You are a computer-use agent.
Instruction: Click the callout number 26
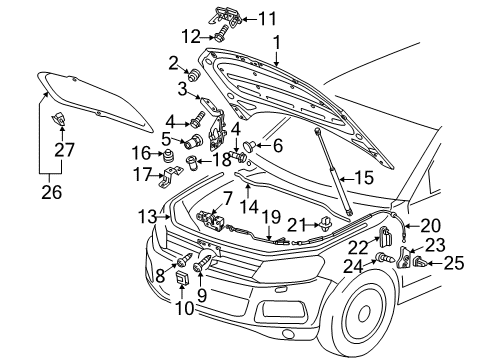[x=52, y=192]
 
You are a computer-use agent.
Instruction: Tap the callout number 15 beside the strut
[x=364, y=178]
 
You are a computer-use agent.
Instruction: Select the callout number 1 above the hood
[x=277, y=43]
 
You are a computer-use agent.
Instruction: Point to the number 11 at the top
[x=268, y=19]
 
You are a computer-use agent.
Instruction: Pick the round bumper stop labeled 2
[x=194, y=75]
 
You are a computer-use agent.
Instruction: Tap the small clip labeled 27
[x=58, y=119]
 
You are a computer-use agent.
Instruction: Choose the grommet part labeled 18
[x=191, y=162]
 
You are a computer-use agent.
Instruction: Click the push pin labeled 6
[x=249, y=146]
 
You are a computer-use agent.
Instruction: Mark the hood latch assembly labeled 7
[x=211, y=221]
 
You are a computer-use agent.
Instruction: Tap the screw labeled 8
[x=184, y=260]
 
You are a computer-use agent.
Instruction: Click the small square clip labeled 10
[x=182, y=278]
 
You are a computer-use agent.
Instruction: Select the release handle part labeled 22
[x=386, y=237]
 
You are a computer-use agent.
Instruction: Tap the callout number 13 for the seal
[x=148, y=216]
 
